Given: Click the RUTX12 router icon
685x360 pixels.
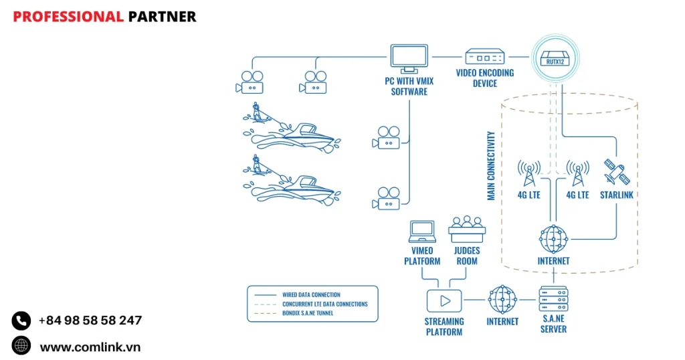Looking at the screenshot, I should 553,59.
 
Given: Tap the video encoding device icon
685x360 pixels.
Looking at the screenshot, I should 485,58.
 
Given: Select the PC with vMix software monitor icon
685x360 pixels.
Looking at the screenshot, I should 409,58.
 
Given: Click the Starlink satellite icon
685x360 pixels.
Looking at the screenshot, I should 615,172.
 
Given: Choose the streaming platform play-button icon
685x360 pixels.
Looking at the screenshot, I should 444,302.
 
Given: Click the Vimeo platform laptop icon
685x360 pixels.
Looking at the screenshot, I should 422,232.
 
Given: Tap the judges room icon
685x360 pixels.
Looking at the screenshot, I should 467,230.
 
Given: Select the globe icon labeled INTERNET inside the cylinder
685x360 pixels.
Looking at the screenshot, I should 553,239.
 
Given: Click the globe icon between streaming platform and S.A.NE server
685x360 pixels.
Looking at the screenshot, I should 502,300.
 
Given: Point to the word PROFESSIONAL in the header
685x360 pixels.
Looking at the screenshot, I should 68,17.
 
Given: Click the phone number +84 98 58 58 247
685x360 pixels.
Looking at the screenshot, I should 90,321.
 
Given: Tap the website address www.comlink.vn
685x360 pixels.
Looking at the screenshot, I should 90,347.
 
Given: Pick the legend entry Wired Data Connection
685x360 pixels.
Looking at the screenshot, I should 311,294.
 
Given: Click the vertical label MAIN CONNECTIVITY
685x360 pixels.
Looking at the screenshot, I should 491,165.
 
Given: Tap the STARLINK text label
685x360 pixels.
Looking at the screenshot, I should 616,195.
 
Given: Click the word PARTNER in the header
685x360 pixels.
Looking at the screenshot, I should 162,17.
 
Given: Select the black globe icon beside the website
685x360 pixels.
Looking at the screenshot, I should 21,345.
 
